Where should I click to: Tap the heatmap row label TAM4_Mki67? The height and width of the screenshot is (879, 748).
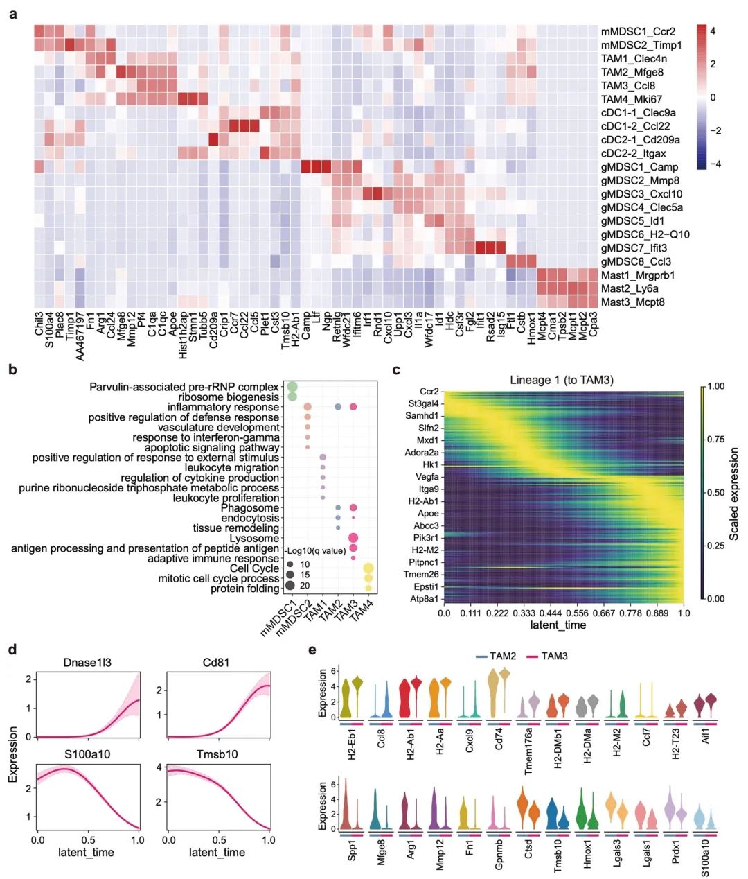pyautogui.click(x=631, y=99)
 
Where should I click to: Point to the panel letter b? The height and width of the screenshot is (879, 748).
pyautogui.click(x=12, y=370)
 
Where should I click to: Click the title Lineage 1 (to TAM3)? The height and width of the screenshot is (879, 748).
pyautogui.click(x=562, y=379)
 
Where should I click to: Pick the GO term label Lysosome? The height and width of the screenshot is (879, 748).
pyautogui.click(x=254, y=539)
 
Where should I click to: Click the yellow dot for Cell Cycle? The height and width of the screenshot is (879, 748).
pyautogui.click(x=368, y=568)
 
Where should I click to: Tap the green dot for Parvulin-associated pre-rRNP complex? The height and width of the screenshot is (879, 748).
pyautogui.click(x=292, y=387)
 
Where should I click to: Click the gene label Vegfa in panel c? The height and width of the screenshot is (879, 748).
pyautogui.click(x=427, y=477)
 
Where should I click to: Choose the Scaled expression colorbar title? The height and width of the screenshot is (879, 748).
pyautogui.click(x=734, y=494)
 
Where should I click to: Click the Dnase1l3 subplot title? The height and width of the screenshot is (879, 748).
pyautogui.click(x=88, y=663)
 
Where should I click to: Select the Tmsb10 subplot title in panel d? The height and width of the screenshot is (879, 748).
pyautogui.click(x=217, y=754)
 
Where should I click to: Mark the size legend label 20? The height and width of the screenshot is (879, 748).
pyautogui.click(x=305, y=586)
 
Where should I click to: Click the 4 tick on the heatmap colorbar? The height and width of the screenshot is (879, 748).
pyautogui.click(x=713, y=31)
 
